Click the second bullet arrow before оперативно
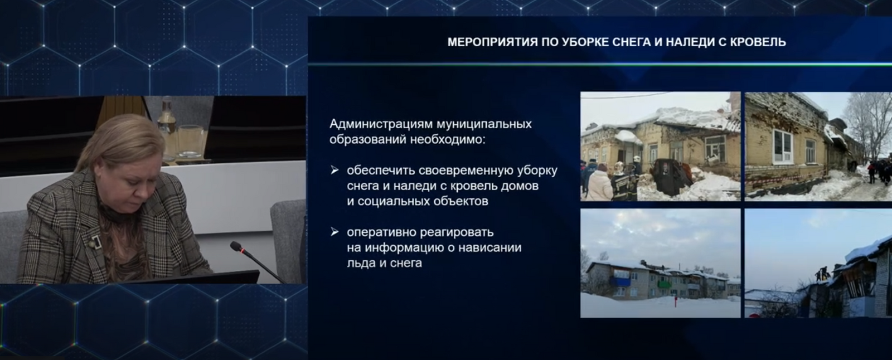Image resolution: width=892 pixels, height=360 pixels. point(334,231)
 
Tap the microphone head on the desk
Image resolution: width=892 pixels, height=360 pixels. point(236,246)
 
